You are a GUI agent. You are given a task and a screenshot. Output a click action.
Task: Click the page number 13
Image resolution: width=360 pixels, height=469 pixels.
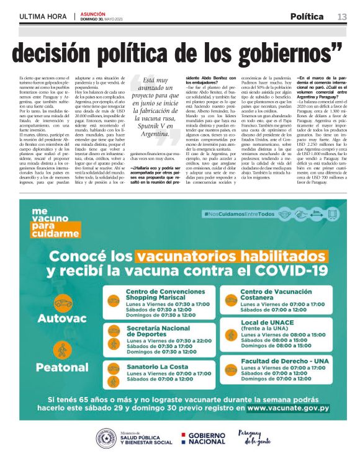[341, 16]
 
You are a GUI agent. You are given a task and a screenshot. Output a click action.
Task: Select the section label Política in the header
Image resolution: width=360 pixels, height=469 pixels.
[307, 16]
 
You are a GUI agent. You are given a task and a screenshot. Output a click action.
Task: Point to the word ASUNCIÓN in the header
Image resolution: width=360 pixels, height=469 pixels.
[93, 13]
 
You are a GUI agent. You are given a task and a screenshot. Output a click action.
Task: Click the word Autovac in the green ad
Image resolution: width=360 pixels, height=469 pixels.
[63, 319]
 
